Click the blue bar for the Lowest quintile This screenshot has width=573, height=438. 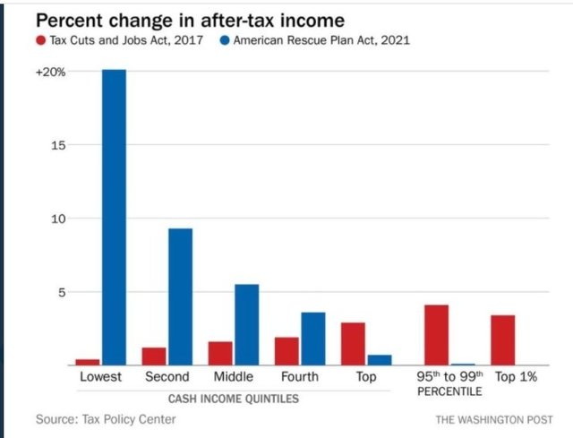tap(114, 217)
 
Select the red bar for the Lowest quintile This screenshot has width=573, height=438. tap(88, 362)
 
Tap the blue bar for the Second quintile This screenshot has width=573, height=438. tap(180, 296)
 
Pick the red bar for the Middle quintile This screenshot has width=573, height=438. tap(220, 353)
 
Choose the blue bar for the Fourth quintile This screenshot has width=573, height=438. tap(312, 339)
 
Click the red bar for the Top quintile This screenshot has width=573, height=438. tap(353, 344)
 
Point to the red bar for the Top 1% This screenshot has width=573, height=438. tap(503, 340)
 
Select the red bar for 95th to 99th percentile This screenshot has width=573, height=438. tap(436, 335)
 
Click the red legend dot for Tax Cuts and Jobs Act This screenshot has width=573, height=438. tap(40, 40)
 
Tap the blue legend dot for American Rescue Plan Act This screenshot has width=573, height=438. tap(223, 40)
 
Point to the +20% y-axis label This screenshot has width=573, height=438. tap(50, 72)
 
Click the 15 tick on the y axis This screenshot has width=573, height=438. tap(59, 145)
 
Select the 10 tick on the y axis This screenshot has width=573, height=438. tap(59, 219)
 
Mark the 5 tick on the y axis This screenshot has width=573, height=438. tap(63, 292)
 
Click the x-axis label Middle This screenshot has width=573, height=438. tap(234, 377)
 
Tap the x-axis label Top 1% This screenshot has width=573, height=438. tap(516, 377)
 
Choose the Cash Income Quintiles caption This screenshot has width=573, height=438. tap(234, 397)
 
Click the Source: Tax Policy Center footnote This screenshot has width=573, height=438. tap(98, 419)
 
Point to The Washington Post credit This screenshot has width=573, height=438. tap(494, 419)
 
